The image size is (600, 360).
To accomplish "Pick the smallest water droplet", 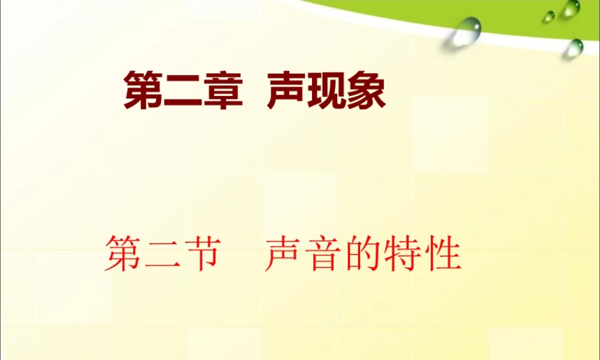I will (x=549, y=17).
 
